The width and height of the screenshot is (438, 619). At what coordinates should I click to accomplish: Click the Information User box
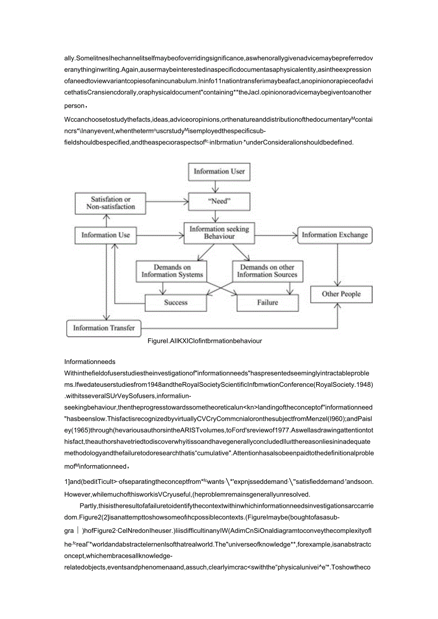click(x=219, y=171)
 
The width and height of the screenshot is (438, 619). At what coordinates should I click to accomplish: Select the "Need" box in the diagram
click(x=219, y=201)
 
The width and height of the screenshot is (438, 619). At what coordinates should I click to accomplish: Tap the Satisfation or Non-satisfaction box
click(x=110, y=203)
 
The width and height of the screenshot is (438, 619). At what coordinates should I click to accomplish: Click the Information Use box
click(x=105, y=235)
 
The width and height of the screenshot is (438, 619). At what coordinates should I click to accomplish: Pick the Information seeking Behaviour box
click(x=219, y=233)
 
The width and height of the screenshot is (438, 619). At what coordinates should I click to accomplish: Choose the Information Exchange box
click(x=335, y=235)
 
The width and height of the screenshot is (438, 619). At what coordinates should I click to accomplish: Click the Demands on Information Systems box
click(x=172, y=271)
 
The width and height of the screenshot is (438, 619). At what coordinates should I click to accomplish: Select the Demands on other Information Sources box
click(x=267, y=271)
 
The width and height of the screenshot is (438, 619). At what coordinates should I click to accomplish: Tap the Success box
click(x=176, y=303)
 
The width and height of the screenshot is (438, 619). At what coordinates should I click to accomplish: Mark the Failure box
click(x=267, y=303)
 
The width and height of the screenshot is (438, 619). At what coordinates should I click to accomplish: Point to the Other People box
click(x=341, y=294)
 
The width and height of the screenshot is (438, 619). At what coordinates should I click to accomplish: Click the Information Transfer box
click(x=104, y=328)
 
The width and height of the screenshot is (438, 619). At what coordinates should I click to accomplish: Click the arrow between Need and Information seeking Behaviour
click(x=219, y=216)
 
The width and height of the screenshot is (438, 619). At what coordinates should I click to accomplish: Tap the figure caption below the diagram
click(x=205, y=341)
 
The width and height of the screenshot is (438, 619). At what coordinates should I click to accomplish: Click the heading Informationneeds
click(x=90, y=362)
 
